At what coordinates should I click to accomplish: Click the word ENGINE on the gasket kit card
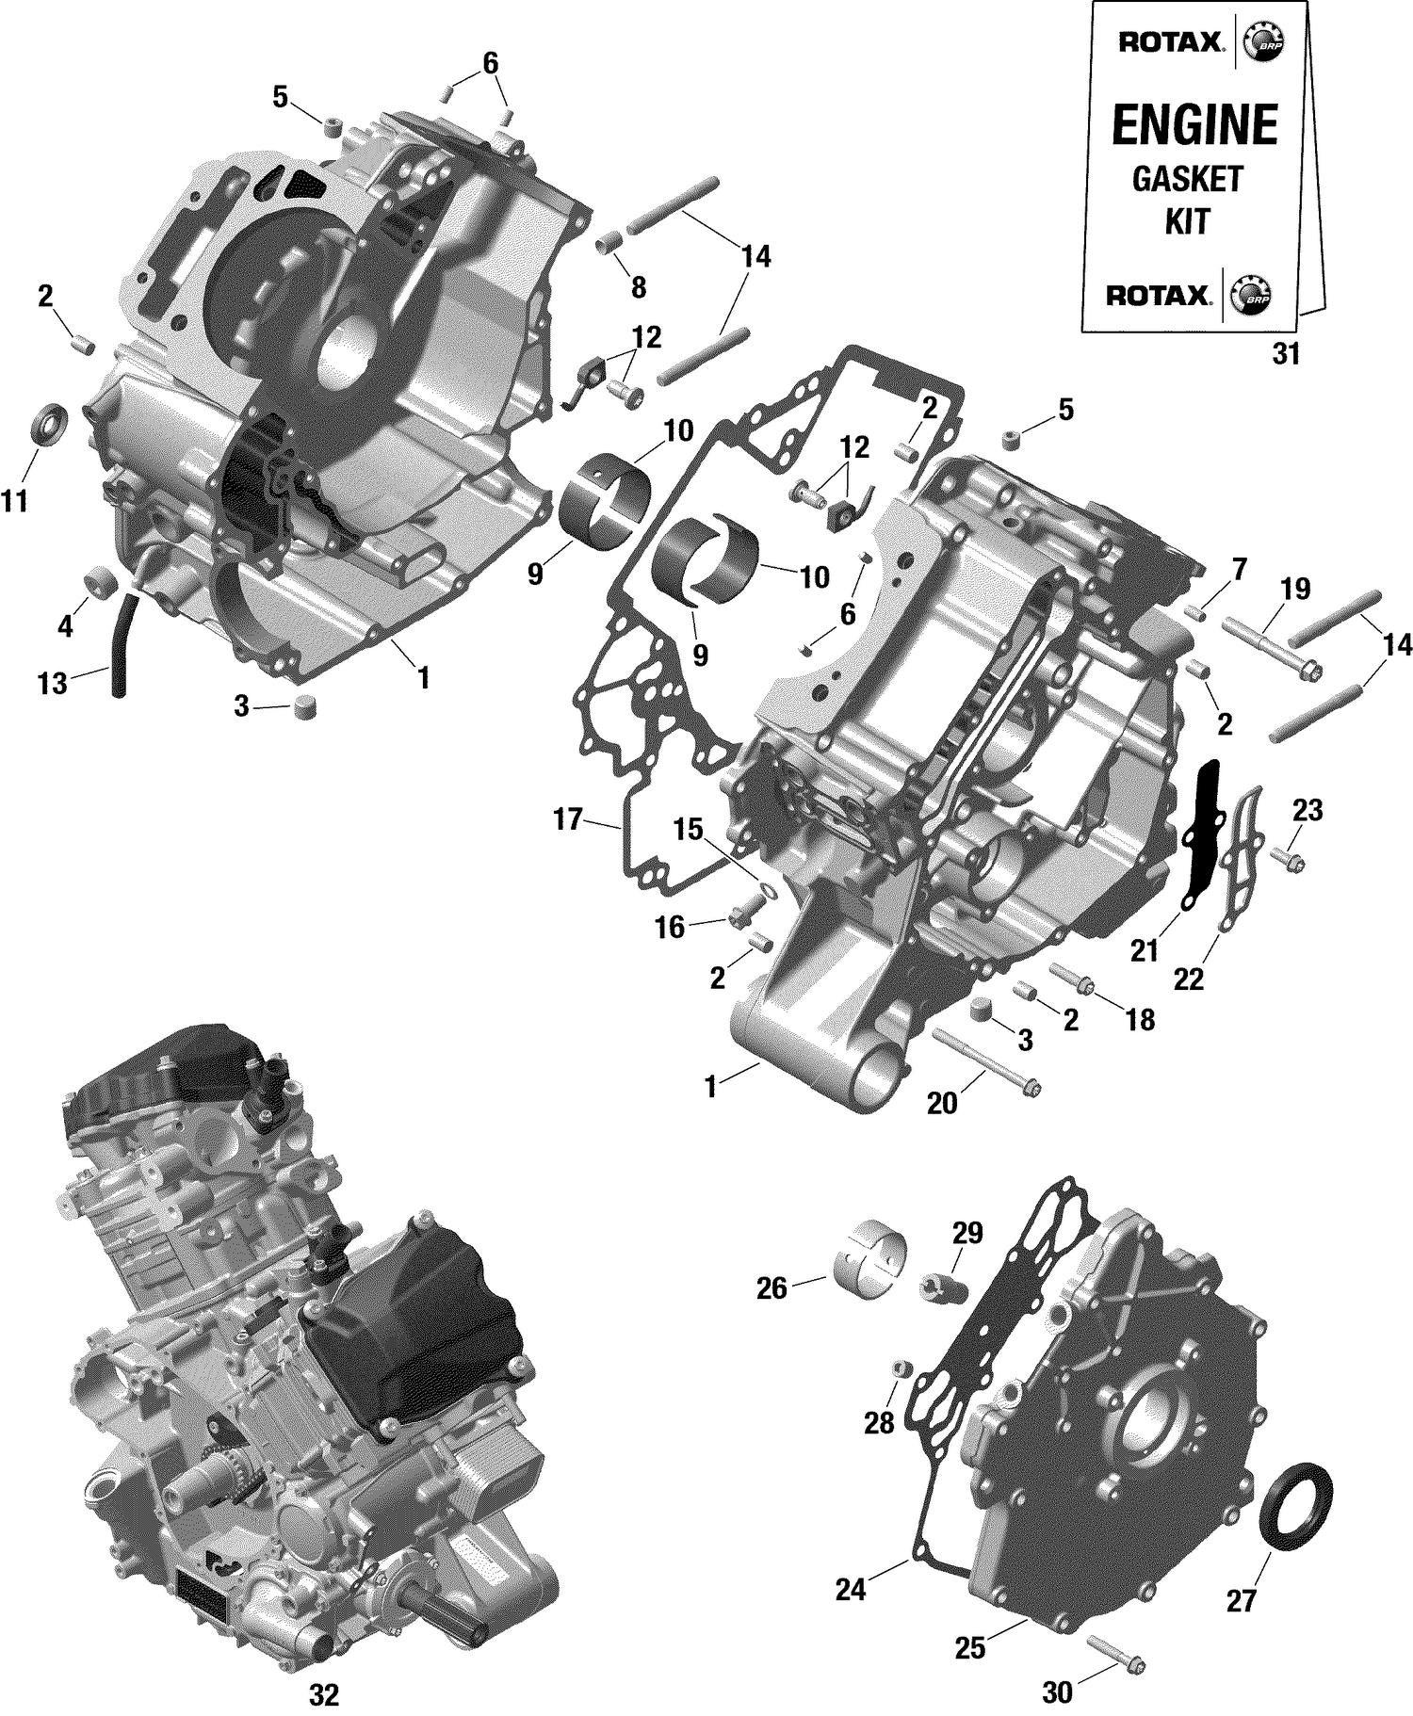point(1194,125)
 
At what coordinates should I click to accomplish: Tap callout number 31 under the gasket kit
point(1286,354)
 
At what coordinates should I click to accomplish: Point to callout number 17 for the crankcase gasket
point(568,819)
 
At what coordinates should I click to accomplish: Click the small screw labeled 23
point(1287,858)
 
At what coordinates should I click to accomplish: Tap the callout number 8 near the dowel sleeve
point(639,287)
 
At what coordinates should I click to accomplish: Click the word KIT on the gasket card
point(1187,221)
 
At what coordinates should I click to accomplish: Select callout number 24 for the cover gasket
point(850,1590)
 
